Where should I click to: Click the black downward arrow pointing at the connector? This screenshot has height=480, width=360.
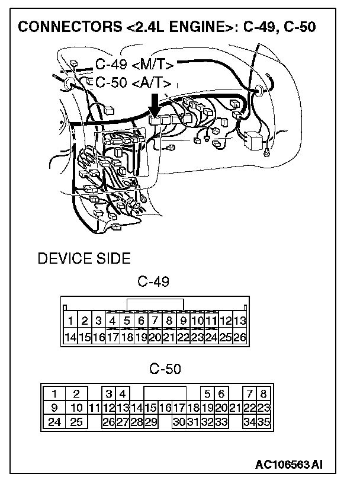pos(155,104)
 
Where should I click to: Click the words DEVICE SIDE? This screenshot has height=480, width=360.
pos(84,259)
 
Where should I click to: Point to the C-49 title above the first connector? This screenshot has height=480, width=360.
pos(153,282)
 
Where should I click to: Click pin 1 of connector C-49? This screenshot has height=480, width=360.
pos(70,321)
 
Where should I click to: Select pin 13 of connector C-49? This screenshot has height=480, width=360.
pos(239,321)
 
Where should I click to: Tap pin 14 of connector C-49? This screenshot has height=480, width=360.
pos(70,337)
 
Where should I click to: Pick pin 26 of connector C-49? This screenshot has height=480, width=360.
pos(239,337)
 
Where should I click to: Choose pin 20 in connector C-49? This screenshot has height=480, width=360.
pos(155,337)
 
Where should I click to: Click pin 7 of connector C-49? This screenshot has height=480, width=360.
pos(155,321)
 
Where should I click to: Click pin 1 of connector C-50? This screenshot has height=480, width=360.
pos(54,393)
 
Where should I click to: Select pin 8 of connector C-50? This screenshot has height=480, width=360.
pos(263,393)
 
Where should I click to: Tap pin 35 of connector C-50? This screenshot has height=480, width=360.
pos(263,422)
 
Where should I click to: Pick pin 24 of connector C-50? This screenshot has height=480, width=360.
pos(54,422)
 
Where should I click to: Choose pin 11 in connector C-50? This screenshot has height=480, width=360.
pos(93,408)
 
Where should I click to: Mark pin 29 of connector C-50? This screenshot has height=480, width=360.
pos(151,422)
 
